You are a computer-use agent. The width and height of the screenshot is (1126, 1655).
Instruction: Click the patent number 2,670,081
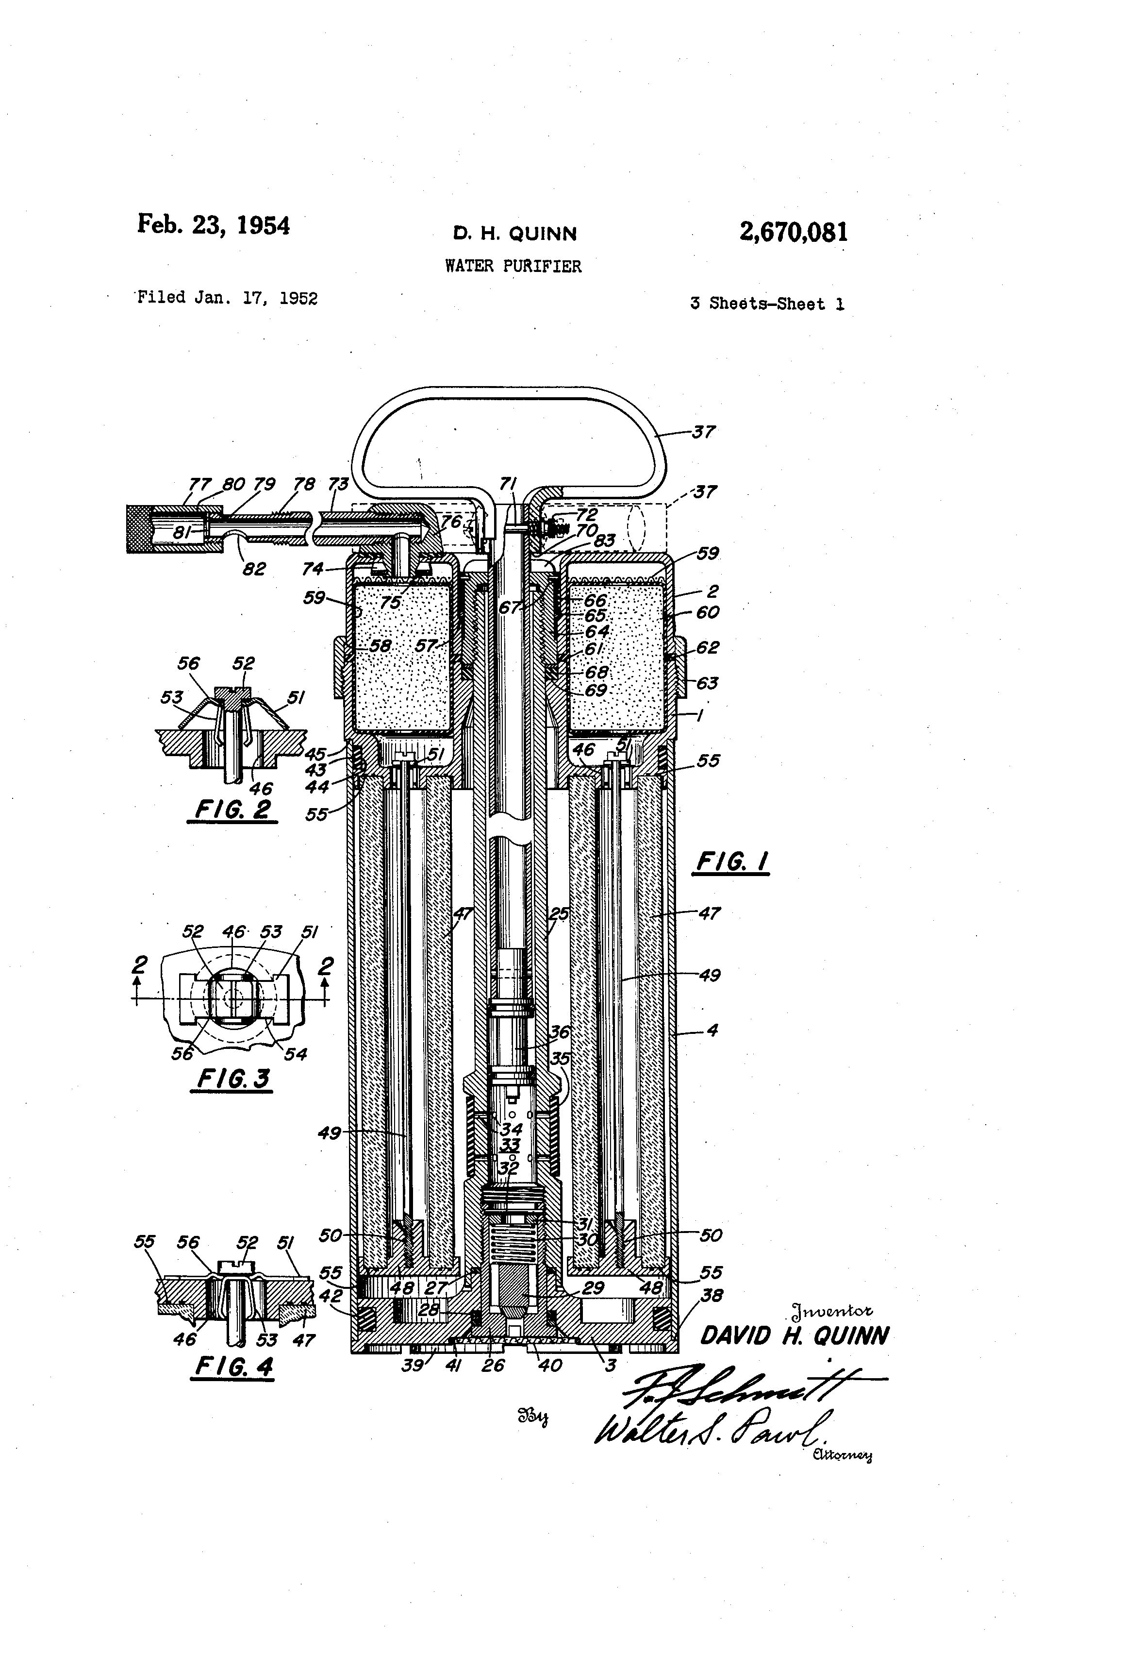coord(793,232)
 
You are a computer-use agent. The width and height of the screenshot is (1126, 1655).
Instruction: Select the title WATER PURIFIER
coord(513,266)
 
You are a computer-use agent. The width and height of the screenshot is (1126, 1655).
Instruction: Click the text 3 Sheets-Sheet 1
coord(766,304)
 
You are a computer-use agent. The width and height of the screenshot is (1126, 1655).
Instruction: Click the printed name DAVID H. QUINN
coord(794,1336)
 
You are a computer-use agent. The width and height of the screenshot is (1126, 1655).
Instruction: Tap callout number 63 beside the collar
coord(707,684)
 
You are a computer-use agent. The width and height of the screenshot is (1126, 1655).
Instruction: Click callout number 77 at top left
coord(199,484)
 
